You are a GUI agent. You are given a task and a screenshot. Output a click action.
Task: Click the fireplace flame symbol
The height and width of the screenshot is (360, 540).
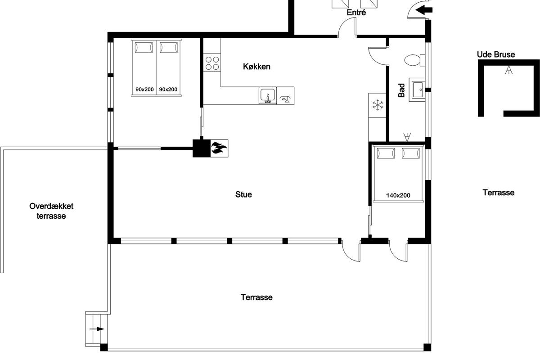click(219, 148)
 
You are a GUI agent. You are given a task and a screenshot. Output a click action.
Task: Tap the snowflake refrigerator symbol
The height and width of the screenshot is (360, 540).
click(378, 105)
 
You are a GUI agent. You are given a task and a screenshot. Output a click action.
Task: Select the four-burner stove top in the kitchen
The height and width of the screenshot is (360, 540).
click(212, 63)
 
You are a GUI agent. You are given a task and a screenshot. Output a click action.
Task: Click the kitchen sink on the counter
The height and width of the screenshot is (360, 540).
click(268, 96)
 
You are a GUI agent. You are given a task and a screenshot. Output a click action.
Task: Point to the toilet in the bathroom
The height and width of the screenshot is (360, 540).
click(414, 60)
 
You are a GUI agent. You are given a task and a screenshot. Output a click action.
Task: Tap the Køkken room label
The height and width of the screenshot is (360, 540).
click(256, 67)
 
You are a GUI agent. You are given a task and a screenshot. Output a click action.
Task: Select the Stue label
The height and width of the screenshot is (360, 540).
click(243, 194)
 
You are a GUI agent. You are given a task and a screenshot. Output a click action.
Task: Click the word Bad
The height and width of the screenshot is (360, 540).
click(401, 90)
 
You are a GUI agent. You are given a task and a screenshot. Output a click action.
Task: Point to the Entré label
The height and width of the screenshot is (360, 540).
click(356, 12)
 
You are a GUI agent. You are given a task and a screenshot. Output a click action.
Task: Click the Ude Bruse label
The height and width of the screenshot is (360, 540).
click(496, 54)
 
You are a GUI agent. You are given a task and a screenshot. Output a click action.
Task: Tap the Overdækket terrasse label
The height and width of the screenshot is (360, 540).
click(51, 211)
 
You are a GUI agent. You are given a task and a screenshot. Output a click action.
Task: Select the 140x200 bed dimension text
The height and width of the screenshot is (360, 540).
click(398, 195)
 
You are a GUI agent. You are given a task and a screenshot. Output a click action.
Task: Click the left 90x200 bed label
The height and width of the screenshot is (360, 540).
click(144, 90)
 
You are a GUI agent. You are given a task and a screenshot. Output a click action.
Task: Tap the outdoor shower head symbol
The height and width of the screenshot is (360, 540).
click(508, 70)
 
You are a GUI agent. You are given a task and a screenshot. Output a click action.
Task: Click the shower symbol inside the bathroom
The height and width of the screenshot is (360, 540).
click(407, 137)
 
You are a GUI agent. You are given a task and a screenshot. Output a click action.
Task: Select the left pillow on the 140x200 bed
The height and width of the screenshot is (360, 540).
click(386, 153)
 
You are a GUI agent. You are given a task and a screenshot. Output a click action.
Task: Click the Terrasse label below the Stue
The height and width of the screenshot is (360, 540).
click(256, 297)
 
